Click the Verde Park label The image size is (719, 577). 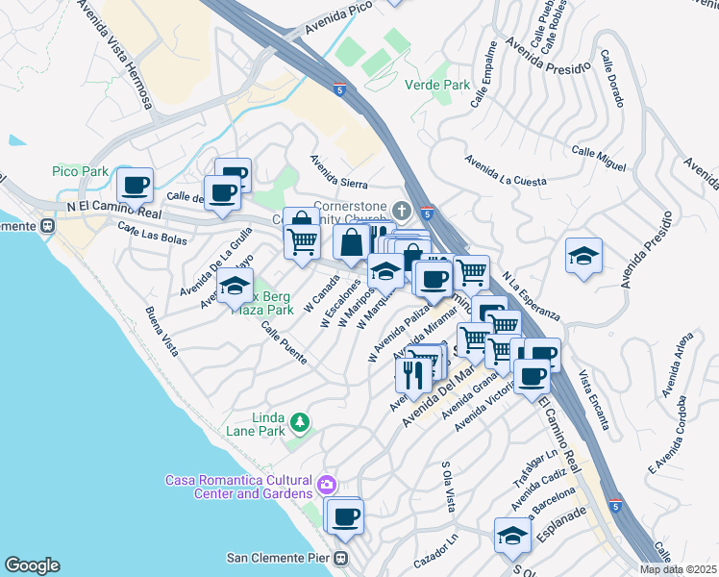443,85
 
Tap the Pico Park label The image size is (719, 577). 80,170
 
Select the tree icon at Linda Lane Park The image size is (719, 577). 300,421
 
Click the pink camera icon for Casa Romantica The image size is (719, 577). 327,483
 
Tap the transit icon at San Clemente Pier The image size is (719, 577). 340,558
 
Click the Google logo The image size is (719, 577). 33,564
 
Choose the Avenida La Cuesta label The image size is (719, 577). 506,171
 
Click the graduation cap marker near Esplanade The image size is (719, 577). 512,535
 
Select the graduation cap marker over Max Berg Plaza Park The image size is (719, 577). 235,287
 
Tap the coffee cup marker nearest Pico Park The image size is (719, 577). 135,184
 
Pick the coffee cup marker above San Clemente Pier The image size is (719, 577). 345,516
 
